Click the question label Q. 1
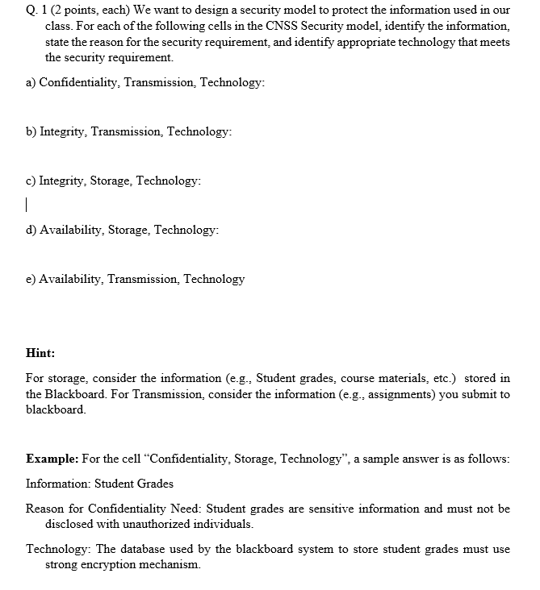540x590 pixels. point(36,10)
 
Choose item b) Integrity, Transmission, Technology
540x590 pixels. point(135,132)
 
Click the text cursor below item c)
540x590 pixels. point(27,204)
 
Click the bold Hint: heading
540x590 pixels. point(40,352)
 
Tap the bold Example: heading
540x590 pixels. point(52,459)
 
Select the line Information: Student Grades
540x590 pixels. point(99,484)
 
